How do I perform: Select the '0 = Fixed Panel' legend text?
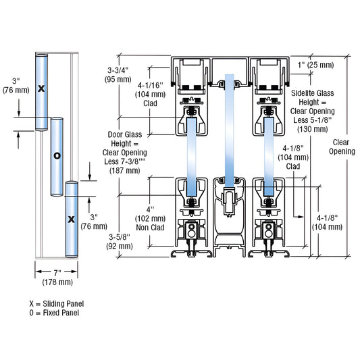tap(55, 313)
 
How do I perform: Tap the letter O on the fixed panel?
tap(57, 155)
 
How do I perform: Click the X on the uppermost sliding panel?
tap(42, 88)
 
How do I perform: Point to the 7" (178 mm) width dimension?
tap(56, 278)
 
